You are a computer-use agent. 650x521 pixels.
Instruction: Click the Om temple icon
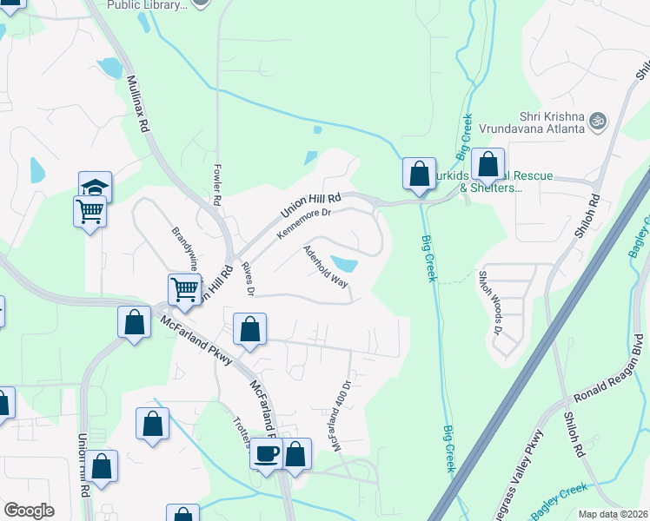[x=597, y=119]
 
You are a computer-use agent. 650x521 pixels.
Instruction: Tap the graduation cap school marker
[x=95, y=185]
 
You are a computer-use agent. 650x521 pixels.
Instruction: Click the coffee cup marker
[x=267, y=452]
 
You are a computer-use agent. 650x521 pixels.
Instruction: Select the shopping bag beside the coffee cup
[x=296, y=452]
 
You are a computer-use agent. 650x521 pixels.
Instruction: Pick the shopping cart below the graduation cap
[x=90, y=210]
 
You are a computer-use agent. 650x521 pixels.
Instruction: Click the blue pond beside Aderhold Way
[x=343, y=263]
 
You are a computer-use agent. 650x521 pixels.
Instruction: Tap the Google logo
[x=29, y=511]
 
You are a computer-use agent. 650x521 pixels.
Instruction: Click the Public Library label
[x=146, y=5]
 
